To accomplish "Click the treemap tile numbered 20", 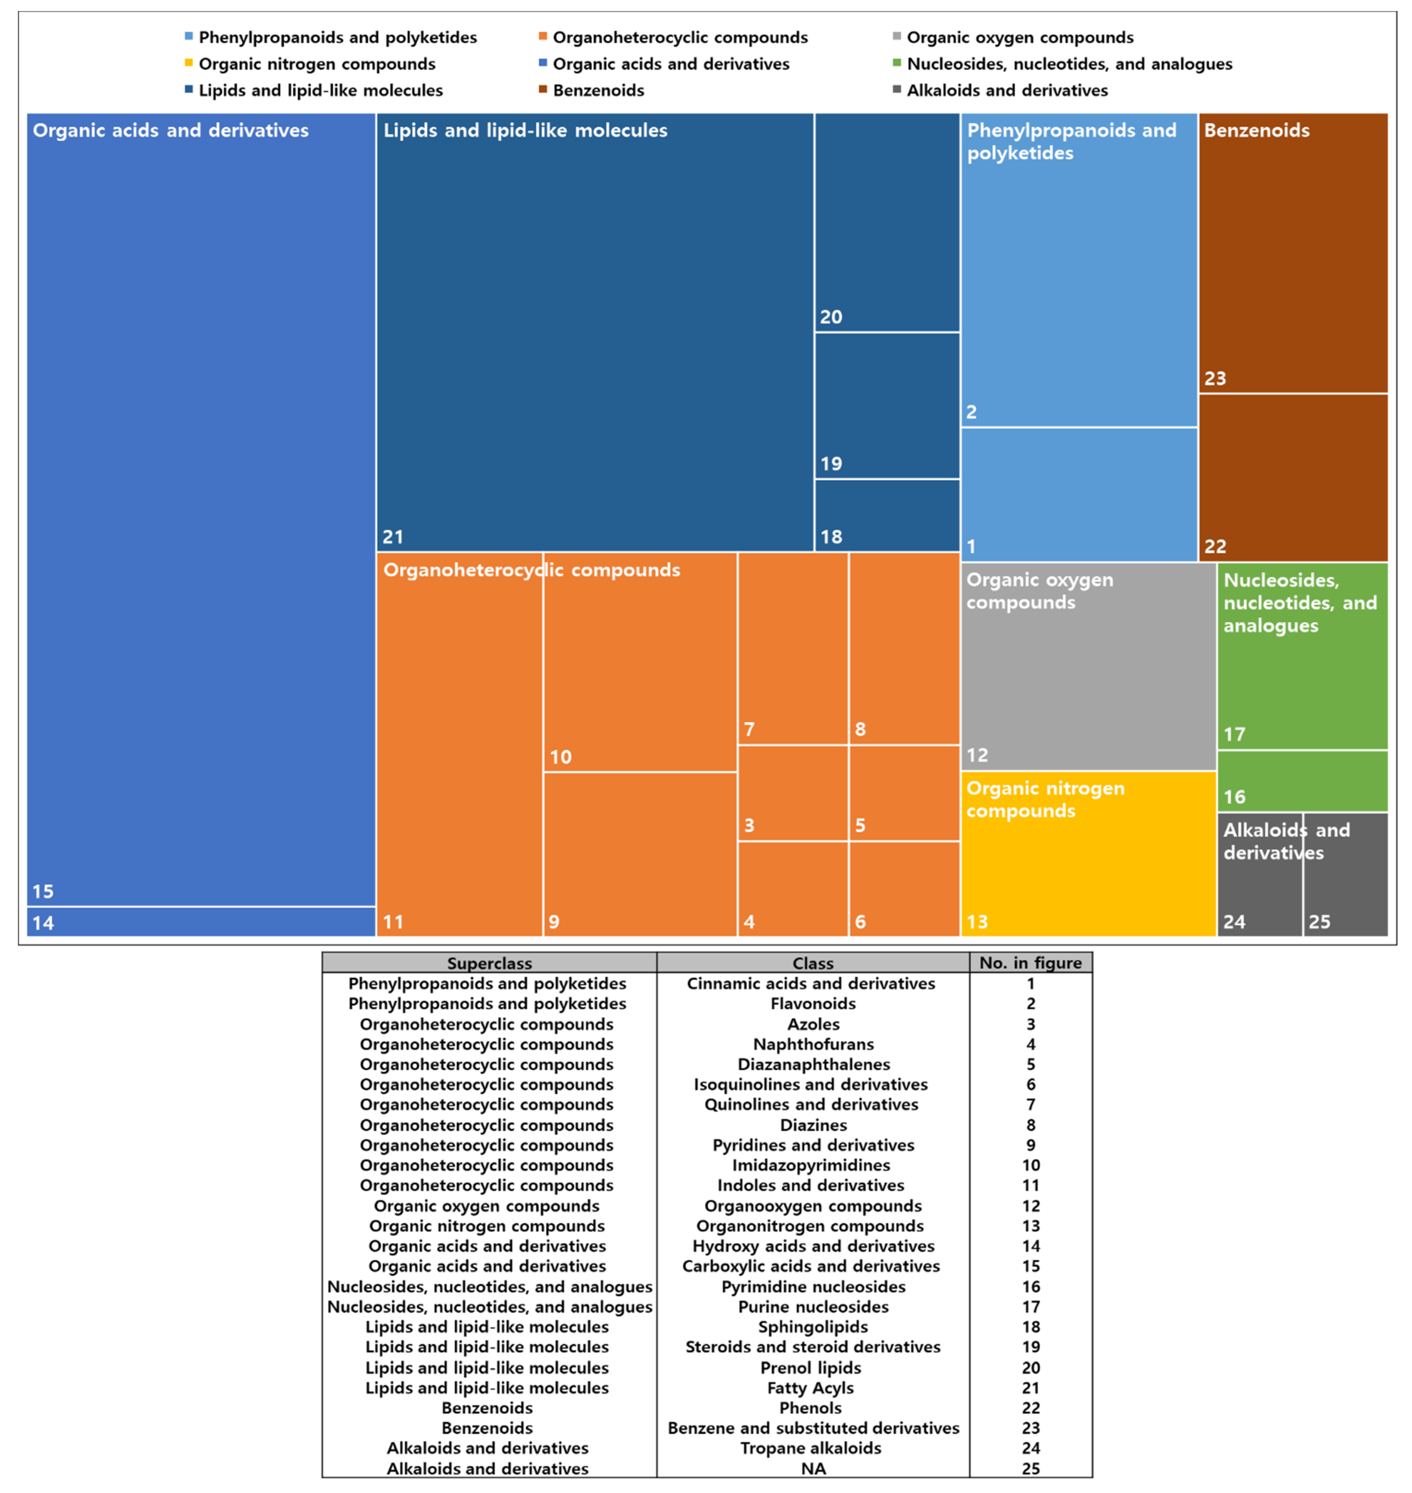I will point(887,222).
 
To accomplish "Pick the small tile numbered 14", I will point(201,921).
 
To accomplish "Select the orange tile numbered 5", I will point(904,793).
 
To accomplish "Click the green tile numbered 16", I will point(1302,781).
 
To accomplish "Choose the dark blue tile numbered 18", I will point(887,515).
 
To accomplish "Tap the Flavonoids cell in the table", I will point(813,1004).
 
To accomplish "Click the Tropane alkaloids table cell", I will point(811,1448).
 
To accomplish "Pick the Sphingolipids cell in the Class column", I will point(813,1327).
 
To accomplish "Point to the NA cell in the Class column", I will point(813,1468).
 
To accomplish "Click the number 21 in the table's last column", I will point(1030,1388).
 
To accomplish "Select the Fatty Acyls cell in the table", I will point(811,1388).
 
